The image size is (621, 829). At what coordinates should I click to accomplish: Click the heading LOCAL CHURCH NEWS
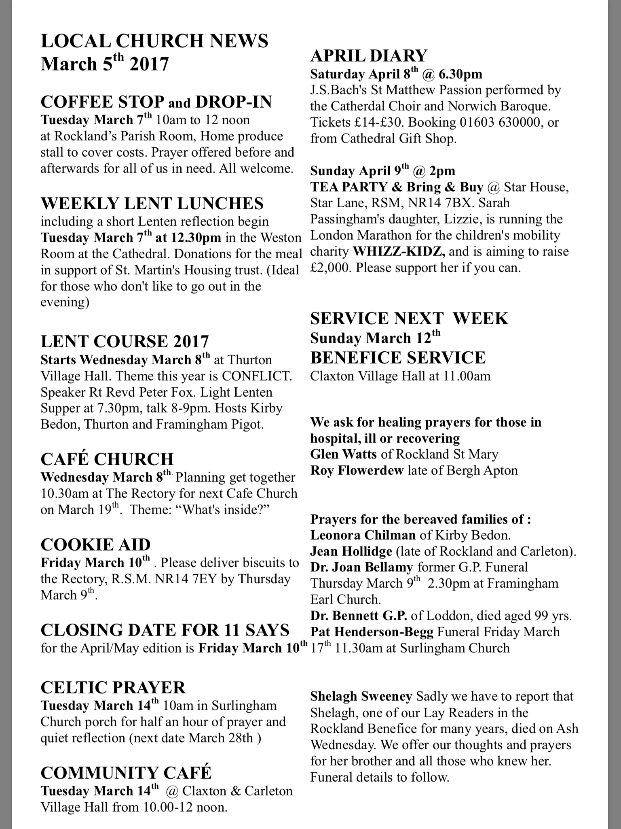point(154,41)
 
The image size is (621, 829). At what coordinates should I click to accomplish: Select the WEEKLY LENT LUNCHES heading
point(152,203)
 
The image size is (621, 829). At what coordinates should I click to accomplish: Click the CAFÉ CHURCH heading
point(107,459)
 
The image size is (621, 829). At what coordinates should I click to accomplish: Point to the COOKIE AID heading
point(95,544)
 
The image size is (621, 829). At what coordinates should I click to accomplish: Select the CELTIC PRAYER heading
point(113,687)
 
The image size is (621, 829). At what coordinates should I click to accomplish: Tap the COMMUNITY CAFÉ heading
point(126,773)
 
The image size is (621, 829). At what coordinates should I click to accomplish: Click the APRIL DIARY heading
point(369,55)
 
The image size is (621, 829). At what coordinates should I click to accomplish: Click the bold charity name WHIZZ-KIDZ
point(399,251)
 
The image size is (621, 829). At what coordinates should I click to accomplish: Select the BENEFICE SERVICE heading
point(398,357)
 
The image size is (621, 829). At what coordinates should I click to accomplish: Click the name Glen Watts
point(344,454)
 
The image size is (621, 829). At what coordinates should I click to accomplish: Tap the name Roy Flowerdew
point(357,470)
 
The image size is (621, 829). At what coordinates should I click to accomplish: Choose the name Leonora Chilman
point(363,535)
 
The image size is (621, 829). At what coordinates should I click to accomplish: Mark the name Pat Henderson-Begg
point(372,632)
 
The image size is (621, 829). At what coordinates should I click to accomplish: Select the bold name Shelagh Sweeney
point(361,696)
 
